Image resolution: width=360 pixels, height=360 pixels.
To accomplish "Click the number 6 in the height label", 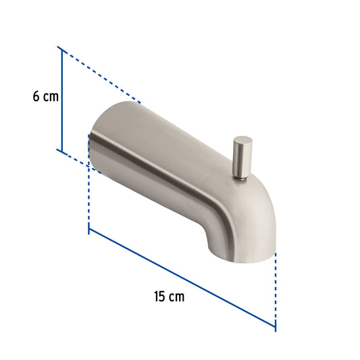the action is pos(36,96).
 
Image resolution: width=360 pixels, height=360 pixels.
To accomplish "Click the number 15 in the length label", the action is pos(159,297).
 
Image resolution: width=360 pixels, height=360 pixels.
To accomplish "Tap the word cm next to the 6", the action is pos(51,97).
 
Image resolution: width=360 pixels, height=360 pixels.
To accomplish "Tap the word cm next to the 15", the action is pos(177,297).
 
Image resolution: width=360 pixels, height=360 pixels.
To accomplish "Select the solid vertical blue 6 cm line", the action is pos(61,100).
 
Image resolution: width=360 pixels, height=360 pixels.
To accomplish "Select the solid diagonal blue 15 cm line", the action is pos(182,278).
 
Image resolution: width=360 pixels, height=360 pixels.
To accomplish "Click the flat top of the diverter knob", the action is pos(243,140).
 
